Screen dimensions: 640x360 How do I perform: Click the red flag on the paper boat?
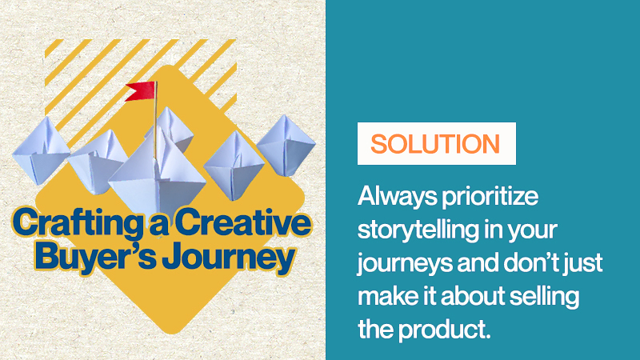point(141,90)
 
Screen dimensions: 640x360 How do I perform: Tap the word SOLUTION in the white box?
point(435,144)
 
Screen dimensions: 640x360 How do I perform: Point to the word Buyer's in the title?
point(95,256)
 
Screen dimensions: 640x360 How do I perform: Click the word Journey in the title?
point(229,257)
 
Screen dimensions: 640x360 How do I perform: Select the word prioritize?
point(490,197)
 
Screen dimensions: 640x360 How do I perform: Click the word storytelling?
point(418,230)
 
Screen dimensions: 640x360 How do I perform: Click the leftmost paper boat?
point(41,150)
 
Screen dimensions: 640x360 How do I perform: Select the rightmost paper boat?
point(286,146)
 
